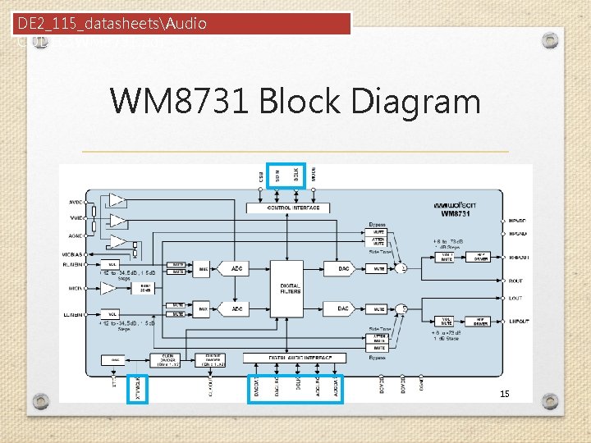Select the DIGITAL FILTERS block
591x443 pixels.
(291, 288)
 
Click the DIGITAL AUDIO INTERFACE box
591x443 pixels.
(294, 358)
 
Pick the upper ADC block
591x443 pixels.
(236, 268)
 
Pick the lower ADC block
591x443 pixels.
(236, 308)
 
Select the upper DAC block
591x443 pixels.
(342, 268)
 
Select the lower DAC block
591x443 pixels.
(342, 308)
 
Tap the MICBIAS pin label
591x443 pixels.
(71, 255)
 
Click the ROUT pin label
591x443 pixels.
(515, 281)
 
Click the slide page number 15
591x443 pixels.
(505, 394)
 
